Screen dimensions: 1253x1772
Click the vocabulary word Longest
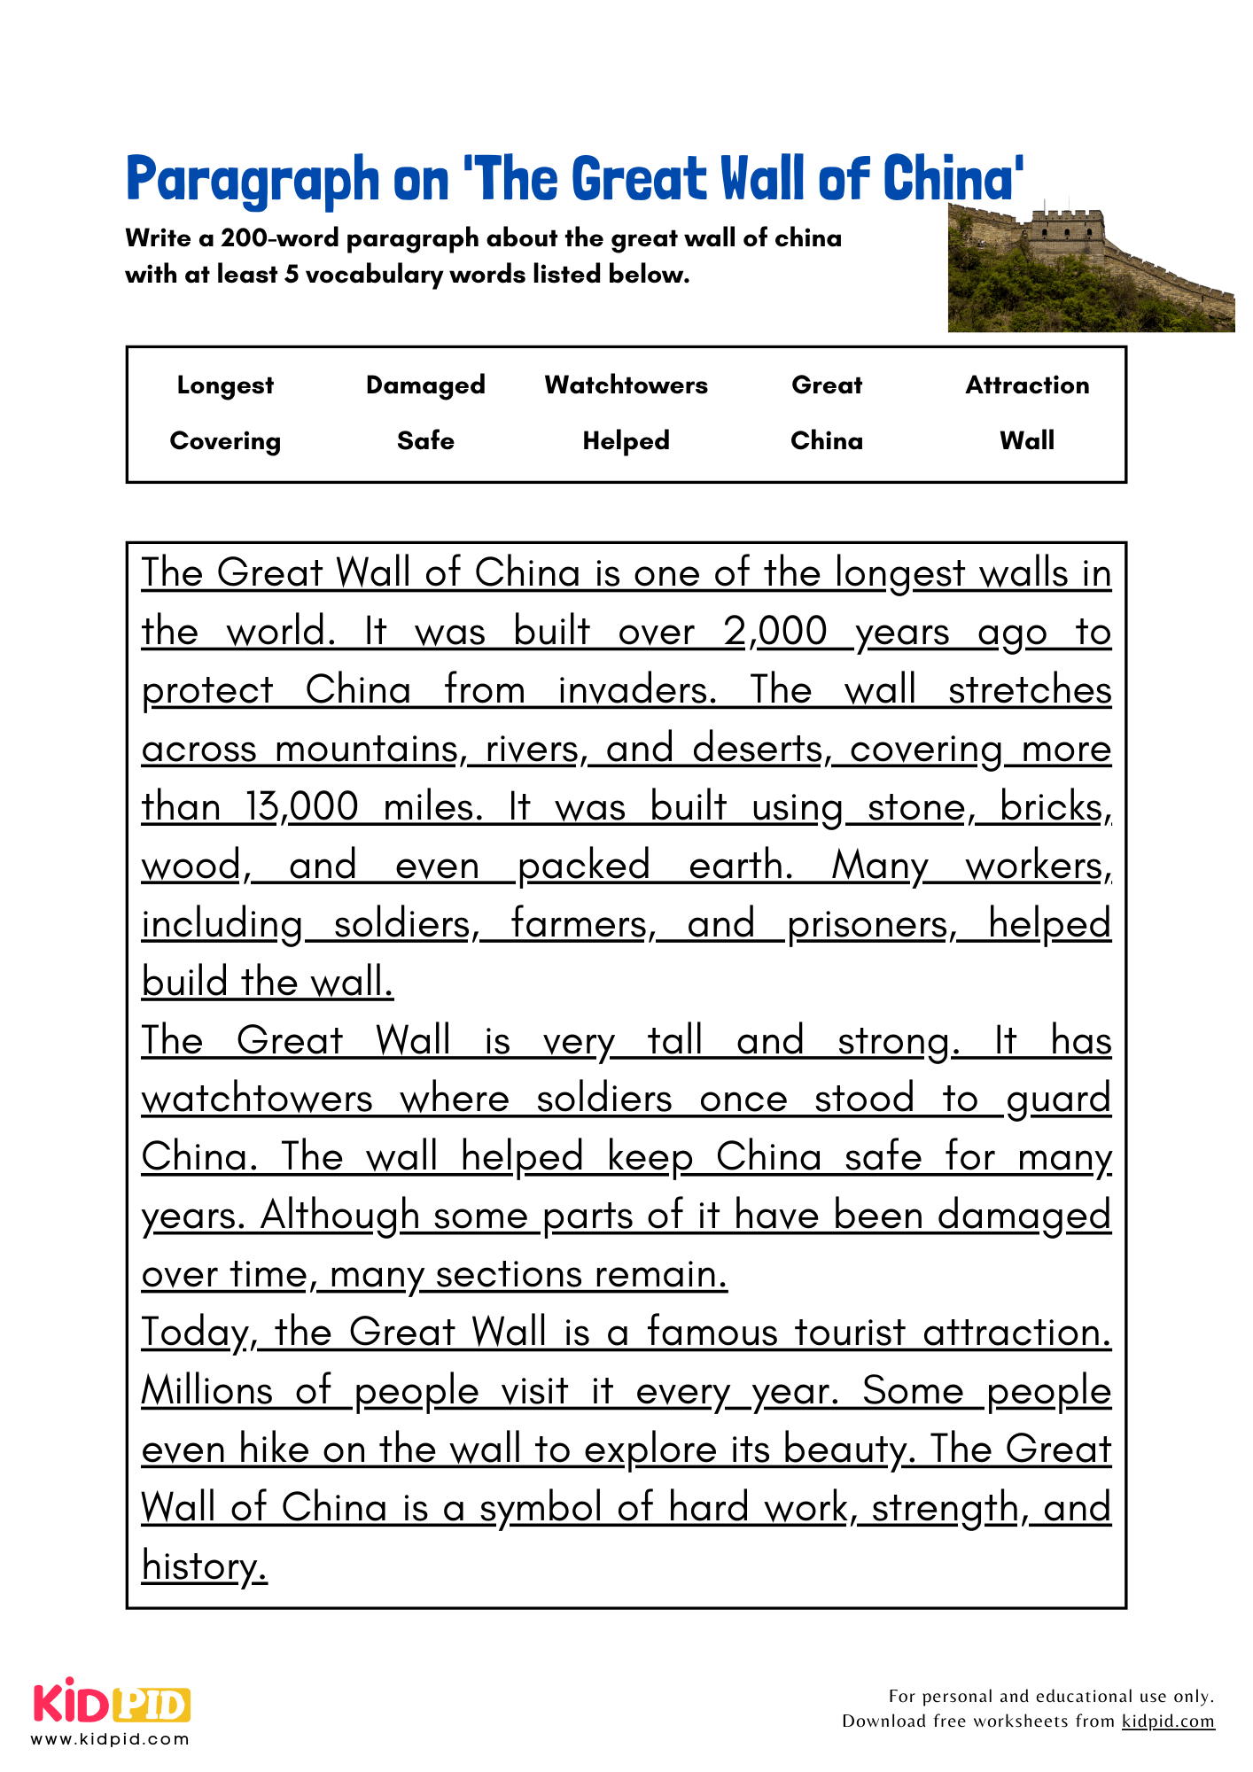pyautogui.click(x=225, y=385)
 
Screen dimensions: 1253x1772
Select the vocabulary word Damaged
pyautogui.click(x=425, y=385)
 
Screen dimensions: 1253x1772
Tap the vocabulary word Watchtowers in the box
pyautogui.click(x=626, y=385)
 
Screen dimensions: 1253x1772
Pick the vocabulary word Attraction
pyautogui.click(x=1027, y=385)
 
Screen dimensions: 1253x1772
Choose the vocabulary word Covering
pyautogui.click(x=225, y=441)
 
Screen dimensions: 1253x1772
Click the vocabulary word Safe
pyautogui.click(x=425, y=441)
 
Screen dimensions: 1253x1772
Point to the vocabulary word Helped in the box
pyautogui.click(x=626, y=441)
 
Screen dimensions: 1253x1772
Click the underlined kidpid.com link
pyautogui.click(x=1168, y=1721)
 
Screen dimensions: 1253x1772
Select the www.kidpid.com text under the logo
pyautogui.click(x=111, y=1738)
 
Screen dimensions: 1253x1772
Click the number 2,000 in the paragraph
pyautogui.click(x=774, y=633)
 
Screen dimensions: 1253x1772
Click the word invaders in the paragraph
pyautogui.click(x=636, y=691)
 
